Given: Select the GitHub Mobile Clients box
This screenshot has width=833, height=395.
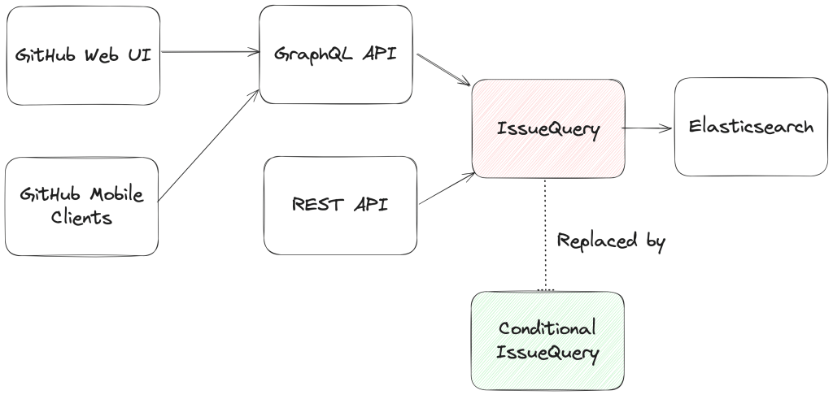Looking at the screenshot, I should [x=82, y=206].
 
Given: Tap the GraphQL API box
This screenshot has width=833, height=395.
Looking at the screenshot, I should [x=336, y=55].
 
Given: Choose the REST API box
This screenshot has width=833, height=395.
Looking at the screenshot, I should [x=340, y=203].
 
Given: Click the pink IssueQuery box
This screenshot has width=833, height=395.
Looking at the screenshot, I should [x=548, y=128].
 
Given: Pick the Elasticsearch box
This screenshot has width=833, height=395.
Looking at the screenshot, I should [x=750, y=128].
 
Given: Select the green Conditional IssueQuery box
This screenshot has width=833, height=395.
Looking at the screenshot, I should [x=547, y=341].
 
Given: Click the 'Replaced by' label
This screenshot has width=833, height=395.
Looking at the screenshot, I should [x=611, y=241].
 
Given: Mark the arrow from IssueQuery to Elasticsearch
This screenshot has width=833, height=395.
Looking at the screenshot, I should [x=648, y=128].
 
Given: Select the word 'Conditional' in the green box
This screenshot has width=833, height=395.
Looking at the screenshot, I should [x=547, y=328].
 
